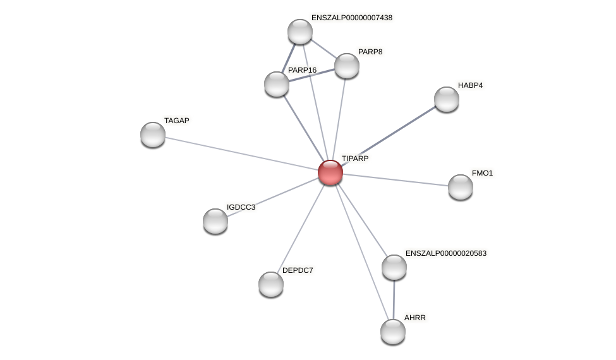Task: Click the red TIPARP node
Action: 330,172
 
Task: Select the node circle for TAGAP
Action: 153,134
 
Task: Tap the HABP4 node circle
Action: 447,99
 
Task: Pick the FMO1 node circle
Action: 461,186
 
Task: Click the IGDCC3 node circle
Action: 215,220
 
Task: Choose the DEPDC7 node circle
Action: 271,284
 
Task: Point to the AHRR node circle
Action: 393,332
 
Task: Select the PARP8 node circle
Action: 347,66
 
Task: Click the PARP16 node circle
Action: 277,84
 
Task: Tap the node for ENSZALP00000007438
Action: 300,32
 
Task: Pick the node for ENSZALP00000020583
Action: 394,267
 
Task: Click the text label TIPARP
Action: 355,159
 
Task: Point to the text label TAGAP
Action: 177,121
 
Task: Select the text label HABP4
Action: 470,85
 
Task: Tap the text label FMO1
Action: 482,173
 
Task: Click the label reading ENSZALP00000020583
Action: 446,253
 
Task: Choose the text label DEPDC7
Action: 298,270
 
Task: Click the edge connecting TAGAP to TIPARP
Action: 240,153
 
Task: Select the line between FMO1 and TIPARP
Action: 395,179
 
